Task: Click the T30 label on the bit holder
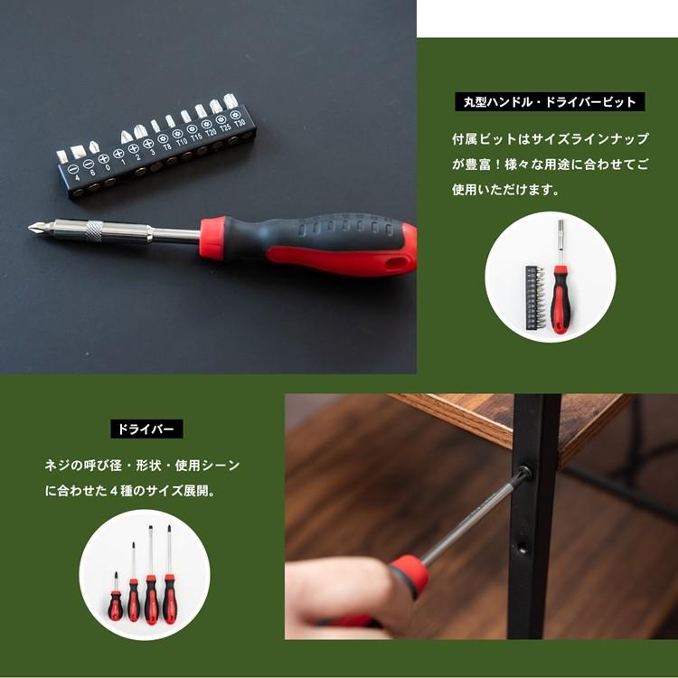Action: click(x=240, y=125)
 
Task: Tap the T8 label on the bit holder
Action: click(x=166, y=146)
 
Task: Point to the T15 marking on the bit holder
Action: click(x=196, y=138)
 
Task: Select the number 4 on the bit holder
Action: click(x=78, y=176)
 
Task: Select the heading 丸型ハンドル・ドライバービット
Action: click(x=550, y=102)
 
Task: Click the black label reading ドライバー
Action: click(x=146, y=428)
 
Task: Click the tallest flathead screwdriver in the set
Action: click(x=168, y=579)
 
